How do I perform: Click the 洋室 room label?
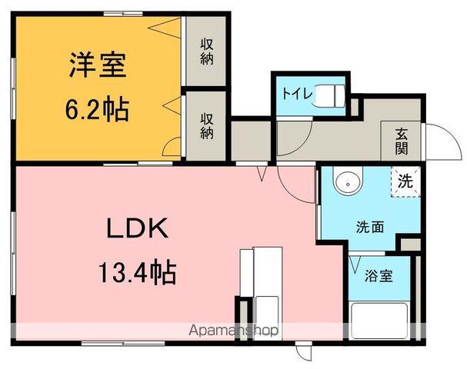96,64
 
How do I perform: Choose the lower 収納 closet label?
207,125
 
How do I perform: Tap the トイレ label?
296,95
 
